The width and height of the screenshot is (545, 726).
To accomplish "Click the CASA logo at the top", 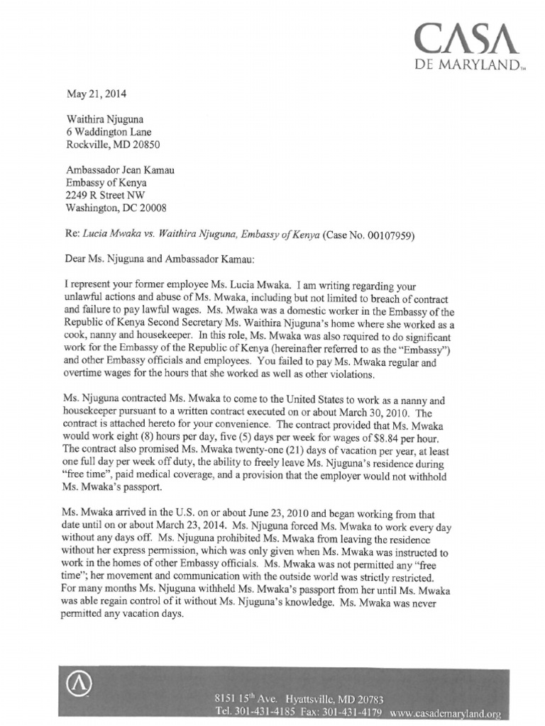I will click(x=463, y=40).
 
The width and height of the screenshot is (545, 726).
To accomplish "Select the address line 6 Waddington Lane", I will click(x=109, y=132).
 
